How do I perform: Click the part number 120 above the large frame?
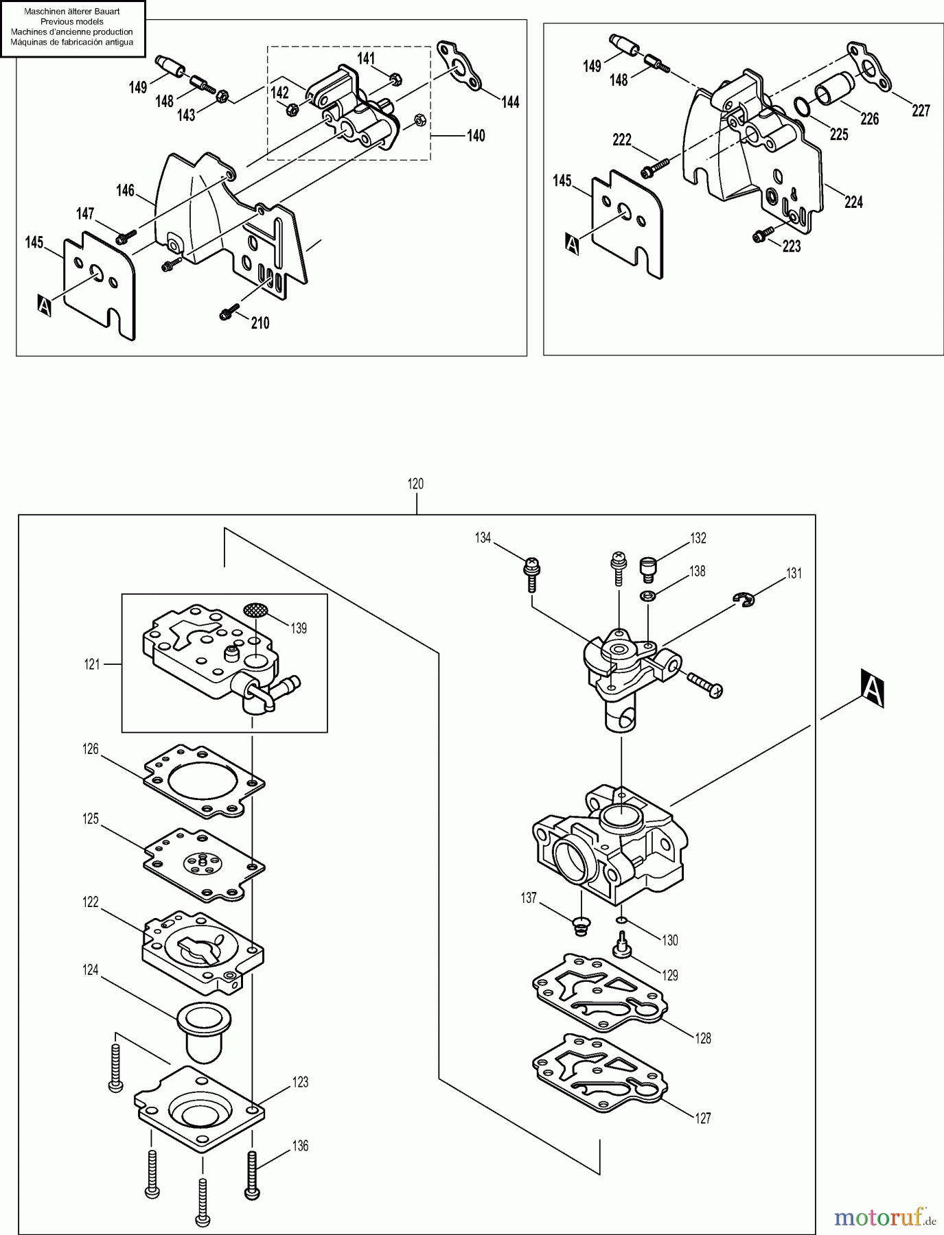[x=415, y=484]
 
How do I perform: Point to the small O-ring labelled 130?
[x=621, y=920]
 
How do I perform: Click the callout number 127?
[x=702, y=1118]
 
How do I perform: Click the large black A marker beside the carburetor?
[x=872, y=689]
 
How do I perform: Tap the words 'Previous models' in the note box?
[x=72, y=22]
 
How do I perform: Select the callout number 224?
[x=853, y=202]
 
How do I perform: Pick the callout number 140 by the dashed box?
[x=475, y=135]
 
